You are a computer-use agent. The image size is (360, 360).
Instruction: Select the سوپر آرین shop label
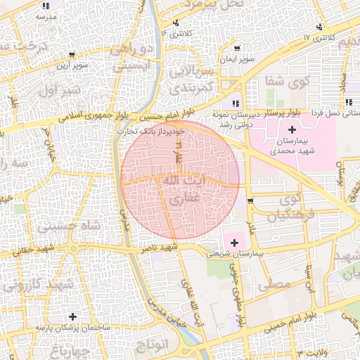[72, 66]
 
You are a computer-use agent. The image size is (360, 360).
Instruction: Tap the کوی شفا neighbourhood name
[279, 81]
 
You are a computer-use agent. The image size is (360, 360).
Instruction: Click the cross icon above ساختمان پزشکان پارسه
[73, 316]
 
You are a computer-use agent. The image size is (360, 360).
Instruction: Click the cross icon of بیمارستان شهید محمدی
[292, 130]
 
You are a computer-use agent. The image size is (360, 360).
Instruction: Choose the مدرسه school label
[45, 15]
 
